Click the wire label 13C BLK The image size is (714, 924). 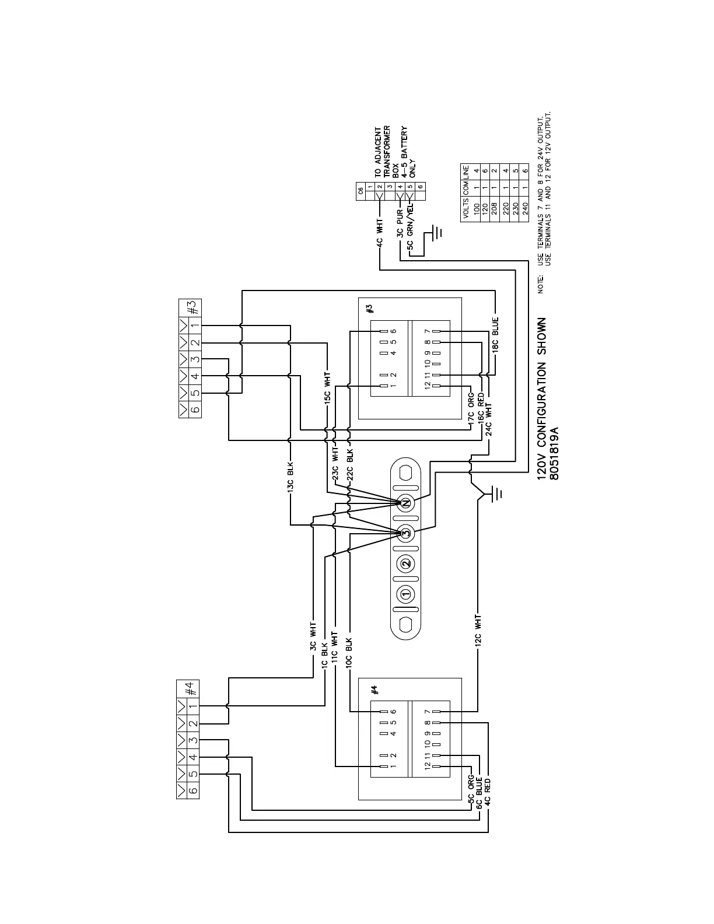(290, 477)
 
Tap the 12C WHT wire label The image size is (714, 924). (478, 631)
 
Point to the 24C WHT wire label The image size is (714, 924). (489, 419)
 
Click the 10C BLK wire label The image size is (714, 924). (349, 653)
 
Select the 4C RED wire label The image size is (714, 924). (488, 792)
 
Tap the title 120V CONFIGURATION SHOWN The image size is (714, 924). (542, 399)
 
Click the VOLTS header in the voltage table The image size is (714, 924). (466, 208)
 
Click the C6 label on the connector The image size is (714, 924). (360, 190)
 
